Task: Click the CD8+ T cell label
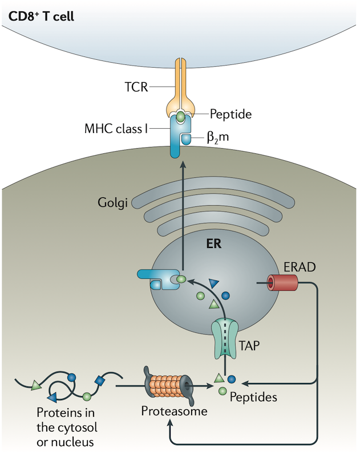[41, 13]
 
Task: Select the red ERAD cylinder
[281, 282]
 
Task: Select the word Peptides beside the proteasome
[253, 397]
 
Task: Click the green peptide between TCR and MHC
[180, 116]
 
